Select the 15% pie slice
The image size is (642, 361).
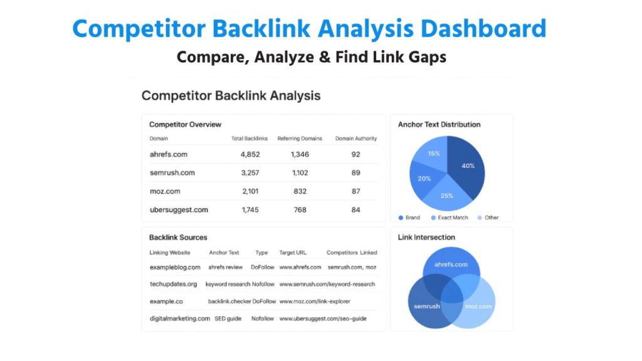(434, 154)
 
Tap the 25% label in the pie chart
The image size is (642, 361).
(446, 196)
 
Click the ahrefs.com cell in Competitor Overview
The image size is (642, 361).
(169, 154)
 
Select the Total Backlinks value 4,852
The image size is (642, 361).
(250, 154)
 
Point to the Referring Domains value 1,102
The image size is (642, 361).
(300, 173)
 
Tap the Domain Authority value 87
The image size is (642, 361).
(355, 191)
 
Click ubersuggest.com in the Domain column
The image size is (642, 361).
(179, 210)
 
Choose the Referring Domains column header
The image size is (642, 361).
(300, 139)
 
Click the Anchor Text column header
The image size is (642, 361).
(224, 253)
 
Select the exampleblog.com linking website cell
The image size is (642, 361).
(175, 267)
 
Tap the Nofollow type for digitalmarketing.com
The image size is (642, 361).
(263, 318)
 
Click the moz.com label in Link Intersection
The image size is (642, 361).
(478, 306)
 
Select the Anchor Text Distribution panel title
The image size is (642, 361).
(439, 124)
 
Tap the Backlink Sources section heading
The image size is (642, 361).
(178, 238)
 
